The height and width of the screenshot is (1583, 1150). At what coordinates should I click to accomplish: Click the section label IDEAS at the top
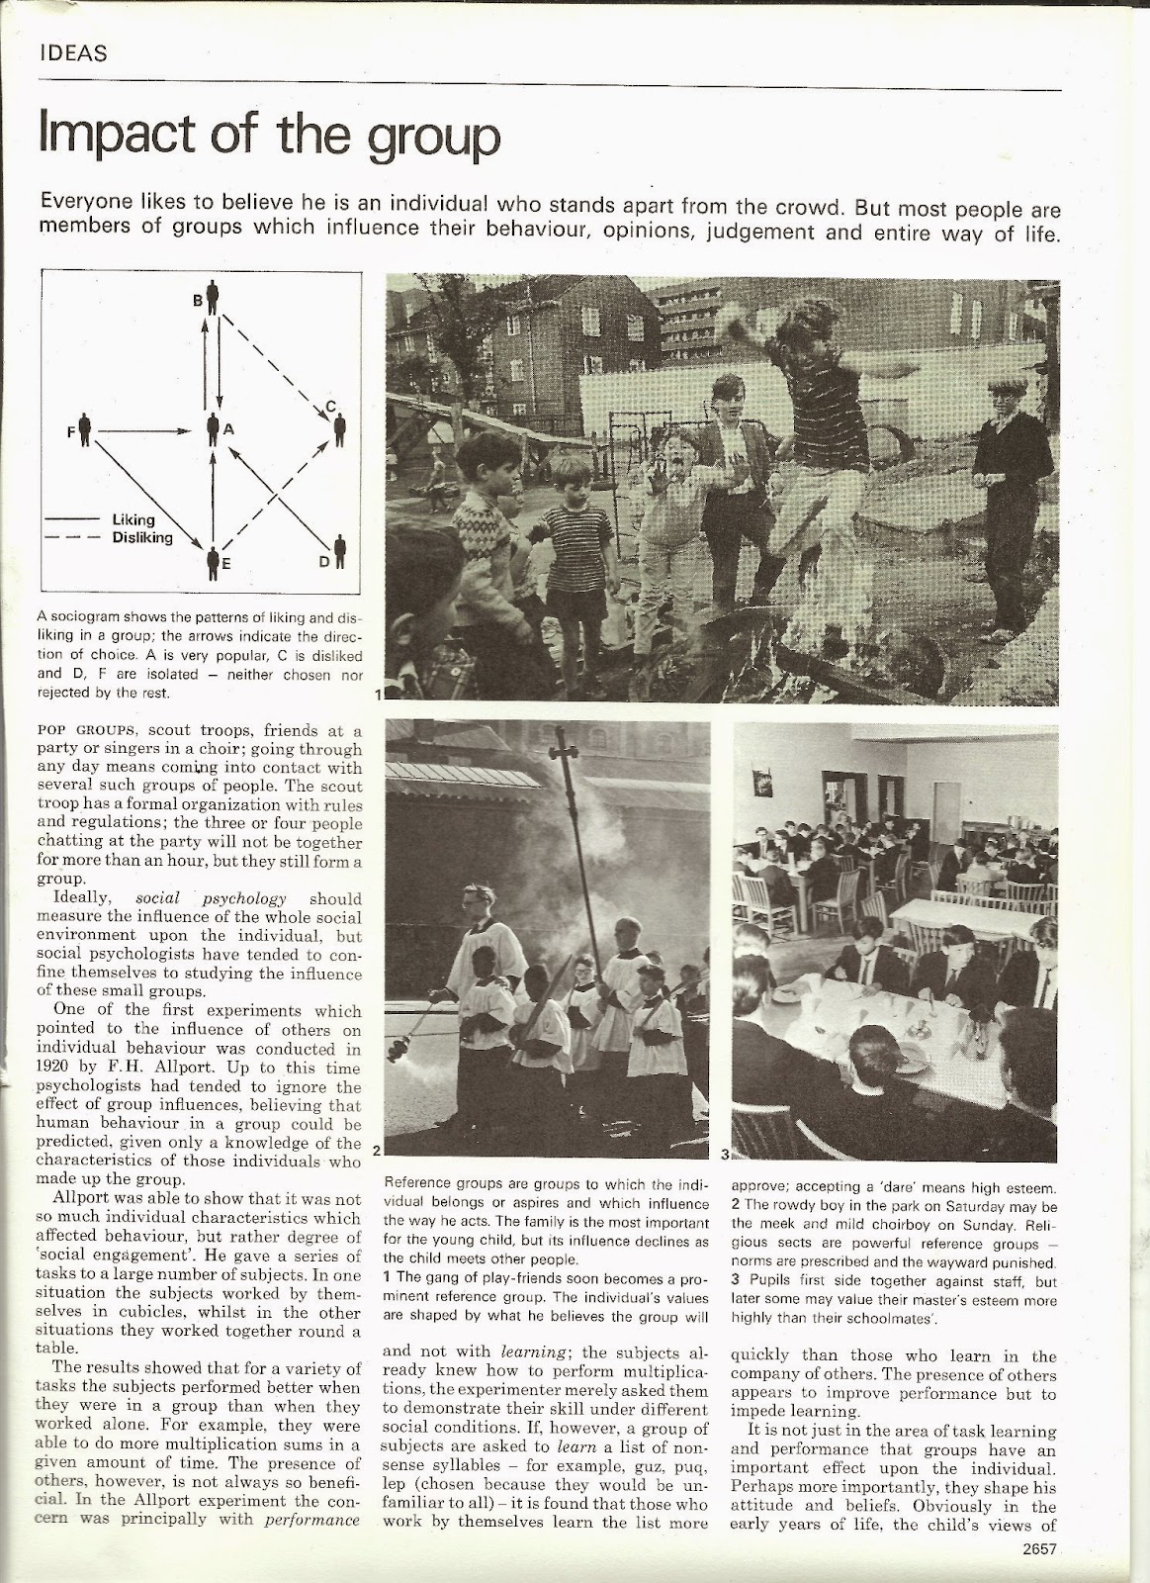71,53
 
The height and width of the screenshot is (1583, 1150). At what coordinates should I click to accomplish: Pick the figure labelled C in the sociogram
339,427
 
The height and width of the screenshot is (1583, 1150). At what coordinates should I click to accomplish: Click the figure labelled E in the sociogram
213,564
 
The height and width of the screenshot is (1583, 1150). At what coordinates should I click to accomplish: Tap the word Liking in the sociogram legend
133,519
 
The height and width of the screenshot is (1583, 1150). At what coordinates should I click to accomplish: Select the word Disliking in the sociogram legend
142,538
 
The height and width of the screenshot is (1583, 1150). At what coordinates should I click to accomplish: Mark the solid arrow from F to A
143,431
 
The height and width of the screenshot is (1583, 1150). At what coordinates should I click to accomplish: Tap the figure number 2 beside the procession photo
377,1151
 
